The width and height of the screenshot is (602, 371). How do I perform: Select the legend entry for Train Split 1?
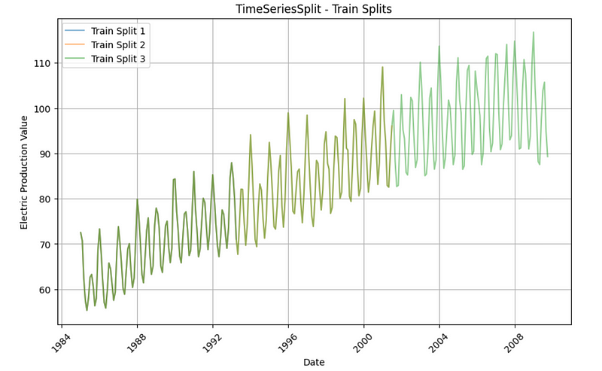click(118, 31)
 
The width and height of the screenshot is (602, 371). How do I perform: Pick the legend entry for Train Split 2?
click(118, 44)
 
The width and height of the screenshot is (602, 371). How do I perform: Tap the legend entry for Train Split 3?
click(118, 58)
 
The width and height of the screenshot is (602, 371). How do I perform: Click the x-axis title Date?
click(314, 363)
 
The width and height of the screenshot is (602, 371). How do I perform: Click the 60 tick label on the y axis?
click(46, 290)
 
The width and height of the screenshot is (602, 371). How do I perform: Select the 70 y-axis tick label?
click(46, 245)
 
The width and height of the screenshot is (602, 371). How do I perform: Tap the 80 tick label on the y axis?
click(46, 199)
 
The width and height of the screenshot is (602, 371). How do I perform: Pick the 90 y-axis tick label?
click(46, 154)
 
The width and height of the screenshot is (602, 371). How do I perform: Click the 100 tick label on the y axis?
click(43, 109)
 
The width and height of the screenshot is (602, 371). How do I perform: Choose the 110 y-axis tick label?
click(43, 64)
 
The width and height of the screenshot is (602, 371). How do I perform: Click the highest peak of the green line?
click(534, 32)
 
